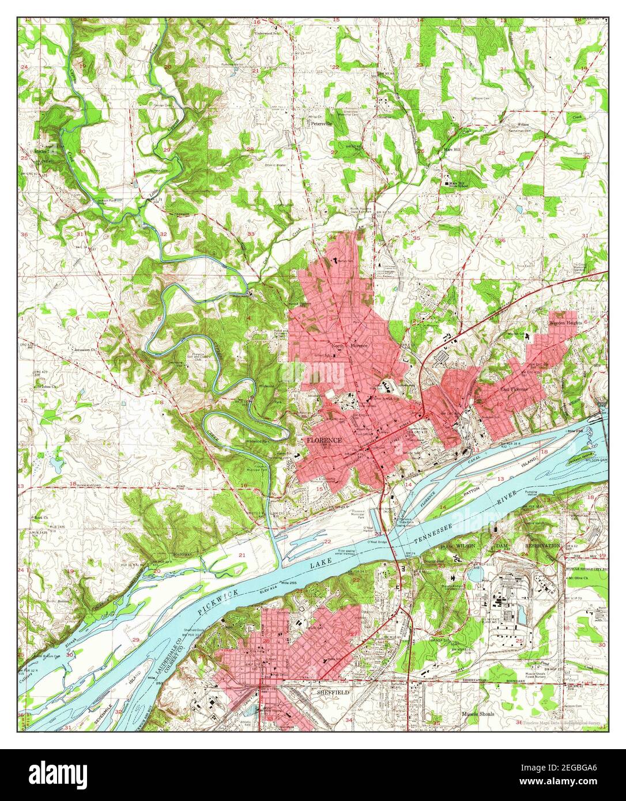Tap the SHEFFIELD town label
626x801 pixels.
pos(334,693)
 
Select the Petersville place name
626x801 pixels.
pos(319,123)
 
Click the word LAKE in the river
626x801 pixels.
pos(316,568)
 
